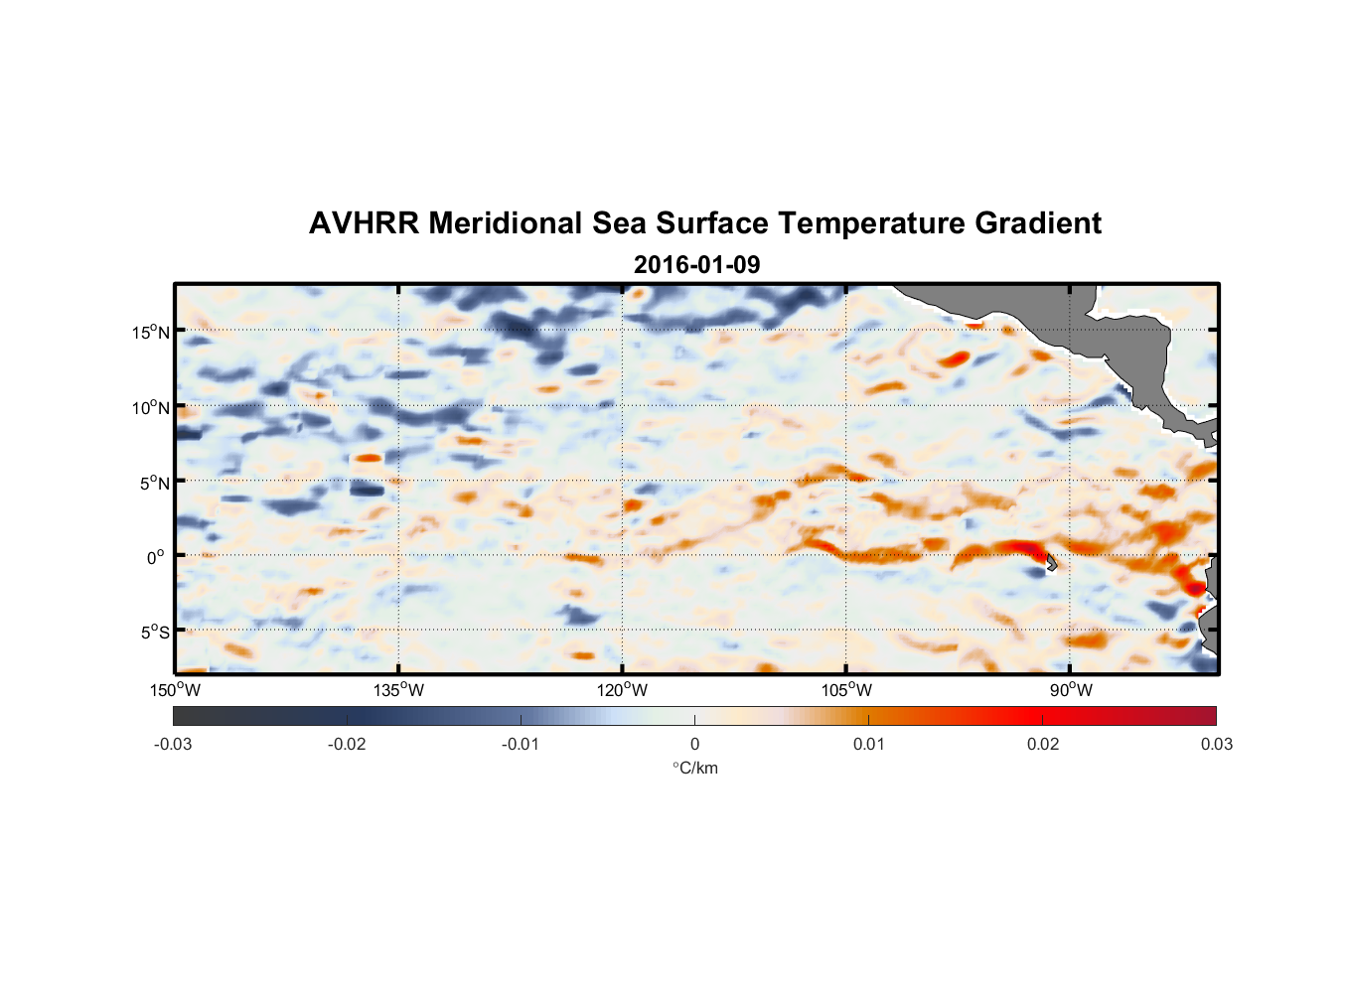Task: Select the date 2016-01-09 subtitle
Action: coord(696,265)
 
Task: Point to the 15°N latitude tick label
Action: coord(151,332)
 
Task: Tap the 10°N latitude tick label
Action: coord(151,407)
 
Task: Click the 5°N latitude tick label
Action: coord(155,483)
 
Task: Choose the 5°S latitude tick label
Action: coord(155,633)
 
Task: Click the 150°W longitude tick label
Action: coord(176,690)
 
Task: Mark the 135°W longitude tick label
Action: coord(399,690)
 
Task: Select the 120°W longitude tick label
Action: coord(623,690)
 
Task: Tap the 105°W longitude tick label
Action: coord(846,690)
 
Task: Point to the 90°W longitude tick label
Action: coord(1070,690)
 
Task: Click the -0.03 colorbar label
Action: coord(173,744)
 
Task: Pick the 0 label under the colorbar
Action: coord(694,744)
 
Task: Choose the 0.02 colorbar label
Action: coord(1043,744)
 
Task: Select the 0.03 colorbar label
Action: coord(1216,744)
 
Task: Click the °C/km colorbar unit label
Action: coord(694,768)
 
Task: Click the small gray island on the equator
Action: coord(1051,562)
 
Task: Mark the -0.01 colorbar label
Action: coord(521,744)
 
